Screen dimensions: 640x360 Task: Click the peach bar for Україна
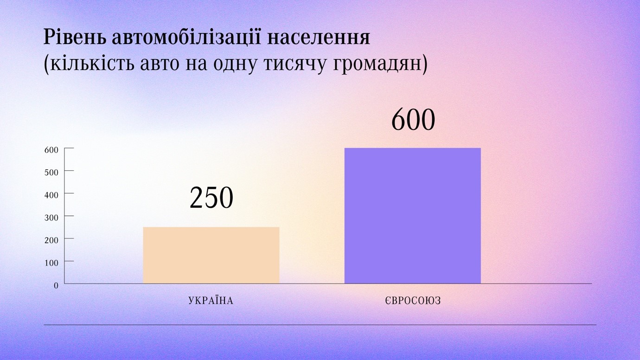click(211, 256)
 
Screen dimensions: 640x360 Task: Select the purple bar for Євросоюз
click(413, 216)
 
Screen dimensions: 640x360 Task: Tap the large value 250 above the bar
click(211, 198)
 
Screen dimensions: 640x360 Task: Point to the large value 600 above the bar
click(413, 120)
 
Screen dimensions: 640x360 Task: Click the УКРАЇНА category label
click(211, 301)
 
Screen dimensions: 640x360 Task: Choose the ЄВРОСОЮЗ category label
click(413, 301)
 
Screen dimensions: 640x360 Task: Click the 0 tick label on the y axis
click(56, 285)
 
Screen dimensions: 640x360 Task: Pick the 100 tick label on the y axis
click(51, 263)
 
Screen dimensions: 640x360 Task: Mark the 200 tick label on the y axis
click(51, 240)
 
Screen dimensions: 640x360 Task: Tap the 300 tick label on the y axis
click(51, 218)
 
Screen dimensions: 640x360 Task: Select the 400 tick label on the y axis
click(51, 195)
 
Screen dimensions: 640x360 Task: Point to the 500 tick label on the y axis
click(51, 173)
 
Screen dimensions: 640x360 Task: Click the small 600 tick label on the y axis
click(51, 150)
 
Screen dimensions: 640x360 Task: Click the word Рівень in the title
click(74, 38)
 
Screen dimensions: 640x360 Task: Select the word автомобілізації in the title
click(186, 37)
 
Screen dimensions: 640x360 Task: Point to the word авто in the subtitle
click(160, 64)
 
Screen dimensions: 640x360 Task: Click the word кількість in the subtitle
click(92, 64)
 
